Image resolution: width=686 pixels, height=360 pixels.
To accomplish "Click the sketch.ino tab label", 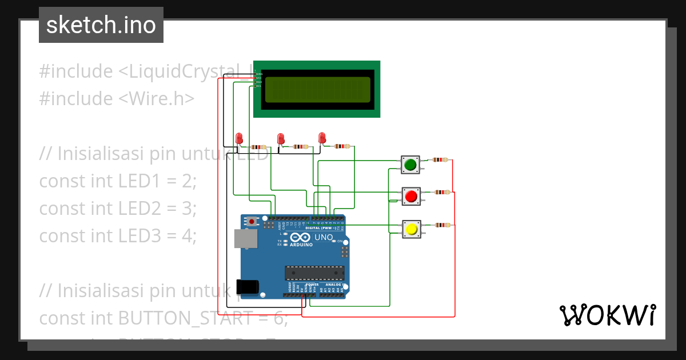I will (x=101, y=25).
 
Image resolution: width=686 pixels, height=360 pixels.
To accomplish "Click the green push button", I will (x=410, y=166).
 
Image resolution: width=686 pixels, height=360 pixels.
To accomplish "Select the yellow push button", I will (x=410, y=230).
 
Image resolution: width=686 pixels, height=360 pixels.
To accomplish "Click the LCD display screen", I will (x=317, y=89).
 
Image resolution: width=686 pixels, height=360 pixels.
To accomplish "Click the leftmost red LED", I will (x=239, y=138).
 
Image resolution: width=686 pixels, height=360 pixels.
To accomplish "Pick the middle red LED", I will (x=280, y=139).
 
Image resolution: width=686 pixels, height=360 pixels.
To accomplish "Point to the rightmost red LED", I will (x=322, y=137).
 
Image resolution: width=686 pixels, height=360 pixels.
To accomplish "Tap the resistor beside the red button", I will (x=441, y=192).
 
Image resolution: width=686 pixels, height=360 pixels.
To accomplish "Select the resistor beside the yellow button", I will (x=441, y=225).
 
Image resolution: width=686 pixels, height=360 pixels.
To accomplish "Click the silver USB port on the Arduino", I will (x=245, y=239).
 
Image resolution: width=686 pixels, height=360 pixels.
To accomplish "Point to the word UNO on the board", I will (x=324, y=237).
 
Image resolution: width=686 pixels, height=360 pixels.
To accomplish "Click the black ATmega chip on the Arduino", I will (x=314, y=274).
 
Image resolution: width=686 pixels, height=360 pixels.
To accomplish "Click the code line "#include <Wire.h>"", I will (x=117, y=98).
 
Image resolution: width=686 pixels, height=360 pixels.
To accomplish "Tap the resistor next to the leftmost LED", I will (x=258, y=147).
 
